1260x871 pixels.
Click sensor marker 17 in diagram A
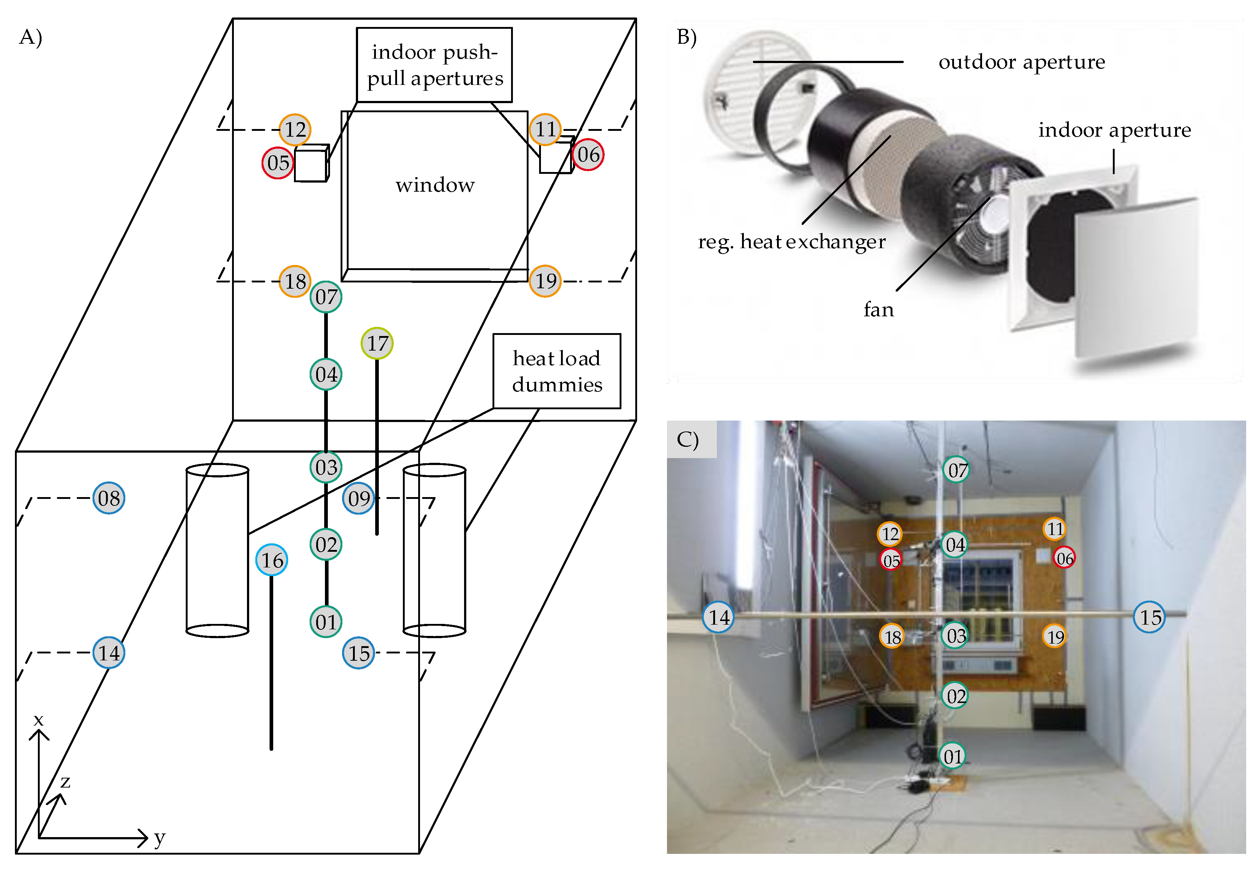[377, 343]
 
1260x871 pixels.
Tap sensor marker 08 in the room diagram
[109, 498]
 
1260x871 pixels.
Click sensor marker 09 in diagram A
[358, 498]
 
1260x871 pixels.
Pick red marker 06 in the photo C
[1064, 558]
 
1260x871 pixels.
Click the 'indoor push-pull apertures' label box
[434, 65]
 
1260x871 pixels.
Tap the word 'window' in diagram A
[435, 185]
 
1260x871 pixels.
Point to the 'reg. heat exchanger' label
[792, 241]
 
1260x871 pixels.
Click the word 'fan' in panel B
[878, 309]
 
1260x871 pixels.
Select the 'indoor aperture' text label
[1114, 130]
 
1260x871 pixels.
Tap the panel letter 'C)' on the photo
[687, 439]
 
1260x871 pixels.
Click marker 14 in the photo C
[718, 617]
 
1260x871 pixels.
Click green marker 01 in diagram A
[326, 622]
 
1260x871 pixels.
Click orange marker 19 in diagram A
[545, 281]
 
